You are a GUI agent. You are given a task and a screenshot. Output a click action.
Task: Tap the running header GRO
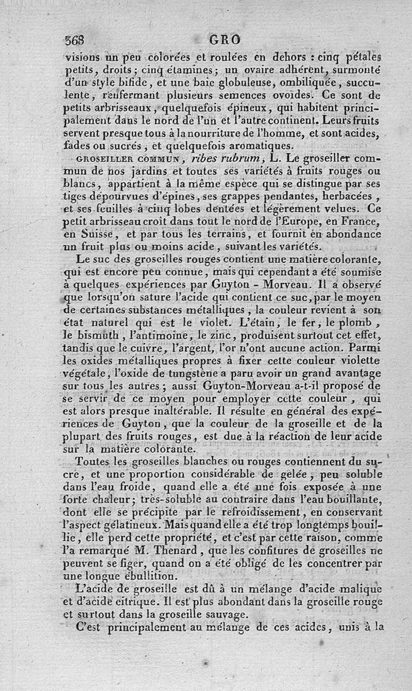pyautogui.click(x=226, y=40)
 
